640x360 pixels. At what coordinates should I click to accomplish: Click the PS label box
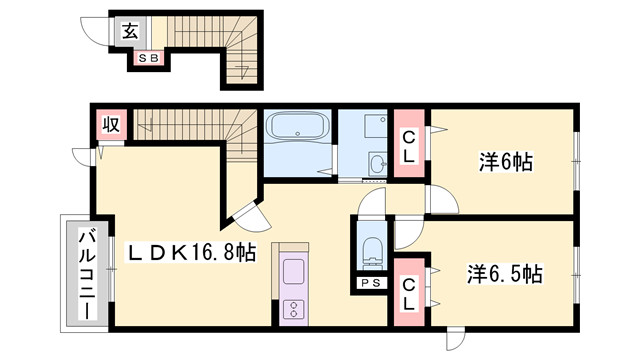click(x=370, y=284)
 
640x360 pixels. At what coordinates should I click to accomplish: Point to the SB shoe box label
click(x=146, y=59)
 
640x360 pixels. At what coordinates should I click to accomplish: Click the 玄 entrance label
click(x=130, y=30)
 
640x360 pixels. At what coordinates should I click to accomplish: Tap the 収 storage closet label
click(x=110, y=125)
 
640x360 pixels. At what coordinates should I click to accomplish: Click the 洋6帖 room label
click(x=502, y=159)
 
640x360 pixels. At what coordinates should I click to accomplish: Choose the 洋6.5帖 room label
click(x=505, y=273)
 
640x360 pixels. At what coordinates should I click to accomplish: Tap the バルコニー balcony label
click(x=87, y=271)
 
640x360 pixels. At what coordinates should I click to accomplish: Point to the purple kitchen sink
click(x=294, y=271)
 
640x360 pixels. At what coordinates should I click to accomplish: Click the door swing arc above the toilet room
click(x=372, y=203)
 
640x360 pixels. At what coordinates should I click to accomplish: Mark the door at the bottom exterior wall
click(x=456, y=339)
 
